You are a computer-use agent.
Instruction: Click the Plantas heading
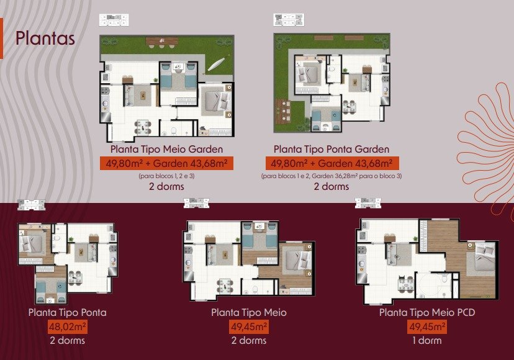45,38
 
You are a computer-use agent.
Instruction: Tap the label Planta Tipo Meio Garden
166,149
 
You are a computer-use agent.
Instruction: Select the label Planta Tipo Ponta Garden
331,149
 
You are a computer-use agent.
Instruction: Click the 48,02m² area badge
68,326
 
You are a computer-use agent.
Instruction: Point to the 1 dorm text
427,341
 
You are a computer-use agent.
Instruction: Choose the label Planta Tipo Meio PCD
427,312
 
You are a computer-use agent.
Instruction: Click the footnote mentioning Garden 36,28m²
331,176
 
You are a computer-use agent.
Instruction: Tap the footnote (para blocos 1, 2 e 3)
166,176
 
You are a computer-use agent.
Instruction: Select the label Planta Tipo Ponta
68,312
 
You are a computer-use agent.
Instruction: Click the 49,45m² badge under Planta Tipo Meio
249,326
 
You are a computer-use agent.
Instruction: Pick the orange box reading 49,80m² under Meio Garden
166,163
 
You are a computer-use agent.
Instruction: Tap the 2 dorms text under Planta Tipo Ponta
68,341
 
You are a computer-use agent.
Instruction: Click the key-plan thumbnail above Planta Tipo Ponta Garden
289,20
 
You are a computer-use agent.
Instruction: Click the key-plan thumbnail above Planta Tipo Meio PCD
367,203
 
